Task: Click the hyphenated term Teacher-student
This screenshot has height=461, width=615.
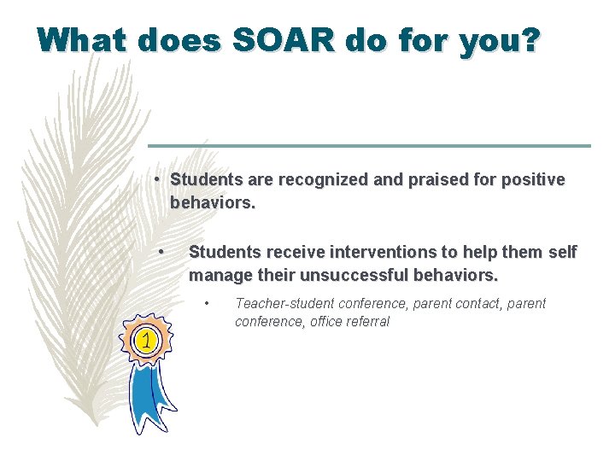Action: point(284,303)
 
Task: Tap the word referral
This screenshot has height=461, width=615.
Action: point(370,321)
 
